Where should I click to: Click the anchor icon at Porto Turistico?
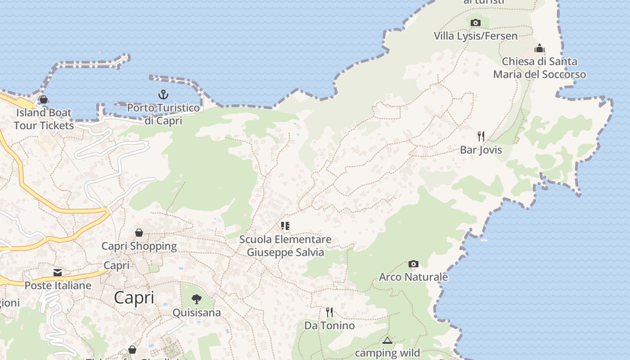coord(163,94)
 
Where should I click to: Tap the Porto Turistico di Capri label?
coord(163,114)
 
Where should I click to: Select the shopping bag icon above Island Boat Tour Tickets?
coord(44,99)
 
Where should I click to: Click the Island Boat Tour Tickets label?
coord(44,119)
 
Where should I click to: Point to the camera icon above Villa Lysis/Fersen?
coord(476,22)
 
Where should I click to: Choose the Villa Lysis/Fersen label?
coord(476,36)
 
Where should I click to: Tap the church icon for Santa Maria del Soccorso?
coord(540,48)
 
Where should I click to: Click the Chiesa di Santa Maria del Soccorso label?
coord(540,68)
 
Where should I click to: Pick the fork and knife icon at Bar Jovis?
coord(481,136)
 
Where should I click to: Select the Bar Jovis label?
coord(481,150)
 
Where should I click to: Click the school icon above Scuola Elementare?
coord(285,225)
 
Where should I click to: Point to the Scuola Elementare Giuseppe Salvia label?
coord(285,246)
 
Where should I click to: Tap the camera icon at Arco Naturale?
coord(414,264)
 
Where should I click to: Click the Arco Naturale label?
coord(414,277)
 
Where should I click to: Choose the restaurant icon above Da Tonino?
coord(329,312)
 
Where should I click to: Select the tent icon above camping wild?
coord(387,340)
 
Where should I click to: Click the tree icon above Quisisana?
coord(197,299)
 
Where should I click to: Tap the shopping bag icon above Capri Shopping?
coord(139,233)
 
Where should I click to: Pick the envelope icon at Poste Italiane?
coord(58,273)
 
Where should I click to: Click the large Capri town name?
coord(134,298)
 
